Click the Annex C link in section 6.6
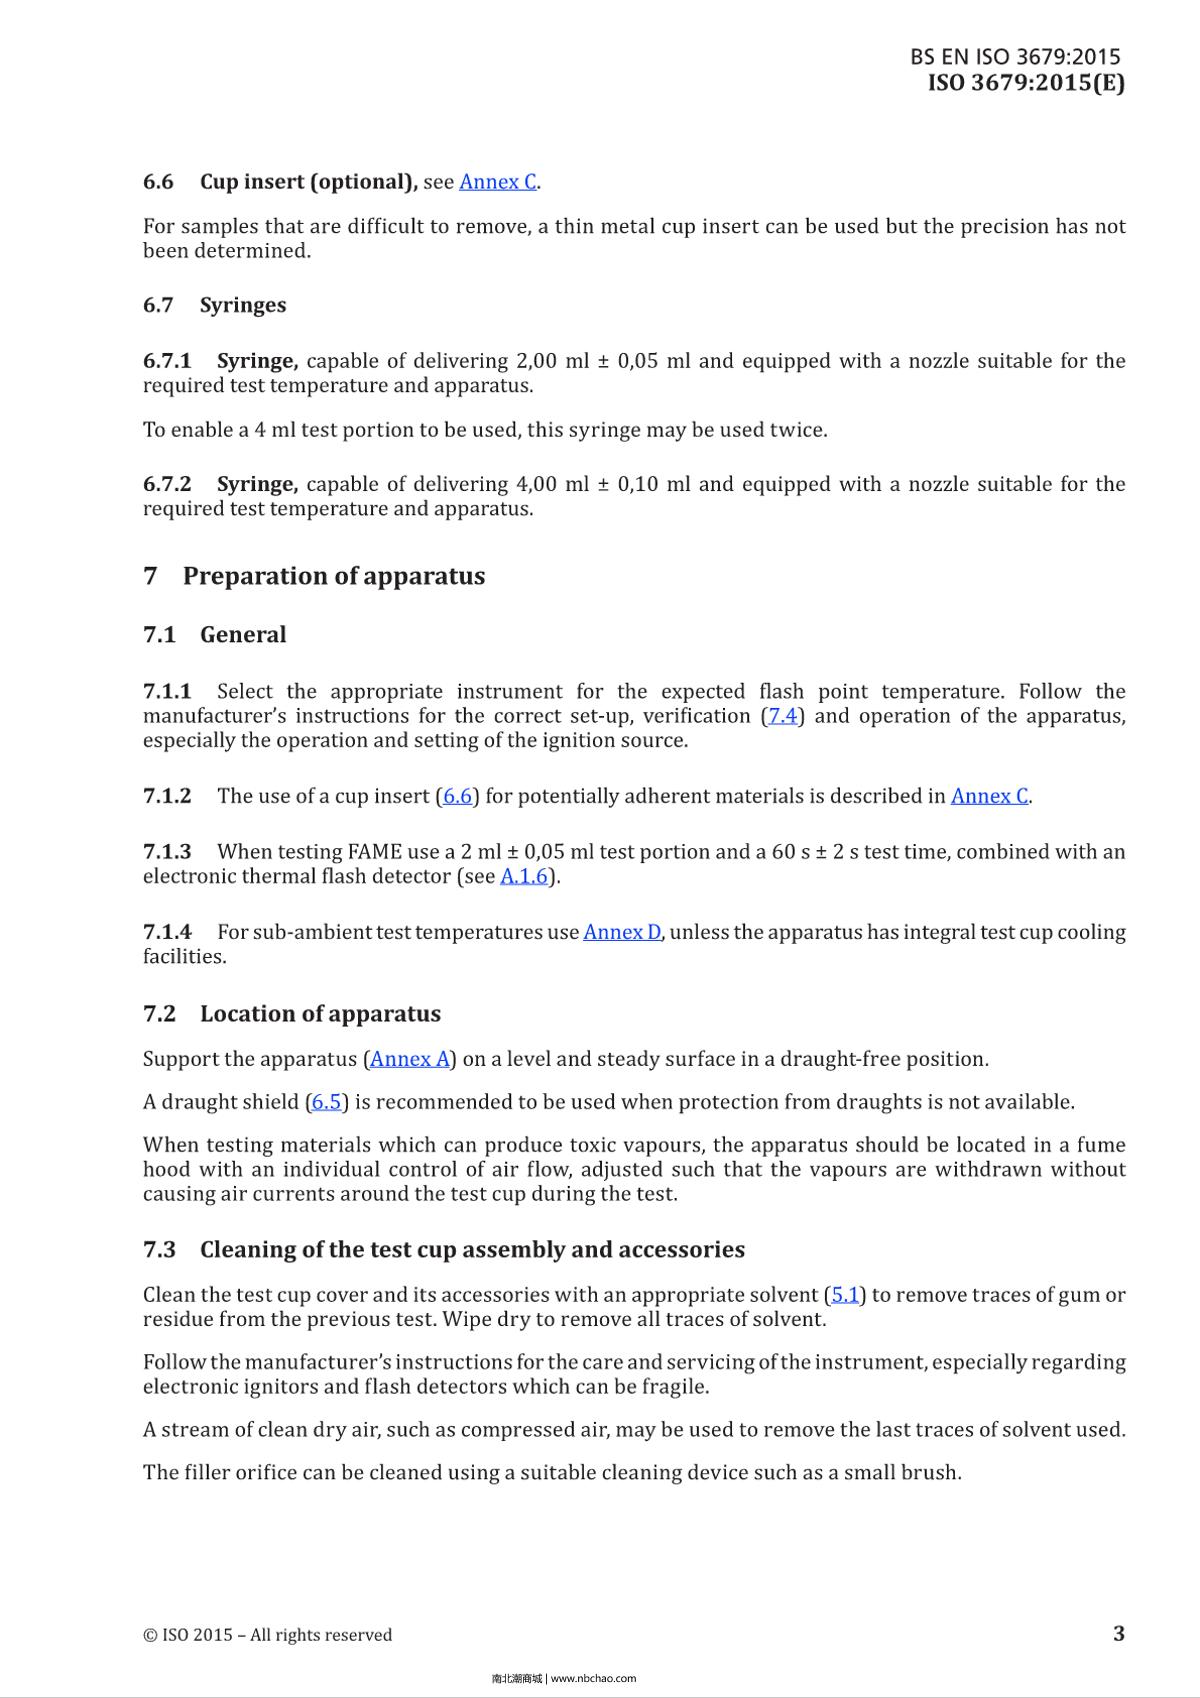pos(497,182)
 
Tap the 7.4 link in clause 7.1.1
pos(782,716)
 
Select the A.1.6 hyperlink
pos(525,877)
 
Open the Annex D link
pos(621,932)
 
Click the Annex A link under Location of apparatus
pos(410,1059)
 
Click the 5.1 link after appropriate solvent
pos(846,1295)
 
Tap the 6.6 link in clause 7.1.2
pos(457,797)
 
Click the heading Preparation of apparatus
pos(333,576)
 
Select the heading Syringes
pos(242,305)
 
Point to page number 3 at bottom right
pos(1118,1633)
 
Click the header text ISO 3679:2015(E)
pos(1025,83)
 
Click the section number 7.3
pos(159,1250)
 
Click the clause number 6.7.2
pos(167,484)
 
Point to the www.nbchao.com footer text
pos(593,1679)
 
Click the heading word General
pos(242,635)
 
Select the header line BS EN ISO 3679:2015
pos(1015,57)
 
